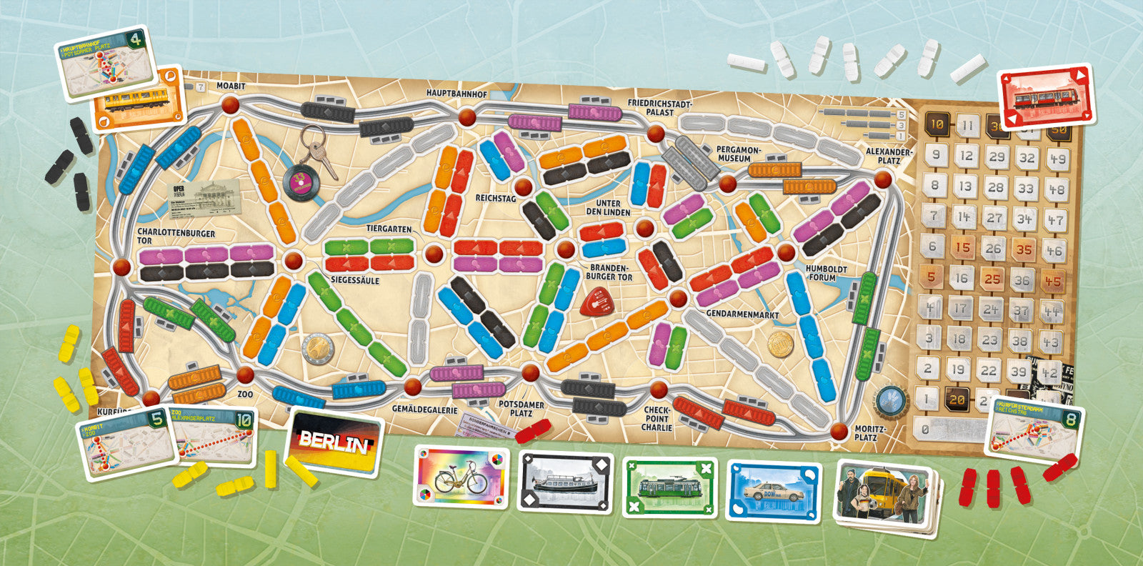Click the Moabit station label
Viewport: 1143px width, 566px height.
[x=231, y=86]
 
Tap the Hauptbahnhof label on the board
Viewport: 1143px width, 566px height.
[x=456, y=94]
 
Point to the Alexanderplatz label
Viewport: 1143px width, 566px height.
[x=889, y=157]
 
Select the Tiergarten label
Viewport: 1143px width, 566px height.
[x=389, y=229]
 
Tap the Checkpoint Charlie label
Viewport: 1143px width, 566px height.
[x=657, y=418]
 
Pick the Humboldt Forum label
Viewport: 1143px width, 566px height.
[x=826, y=273]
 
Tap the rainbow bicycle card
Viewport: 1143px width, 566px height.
[x=460, y=476]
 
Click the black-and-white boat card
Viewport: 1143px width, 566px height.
[x=565, y=482]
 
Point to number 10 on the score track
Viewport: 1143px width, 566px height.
[x=937, y=124]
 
